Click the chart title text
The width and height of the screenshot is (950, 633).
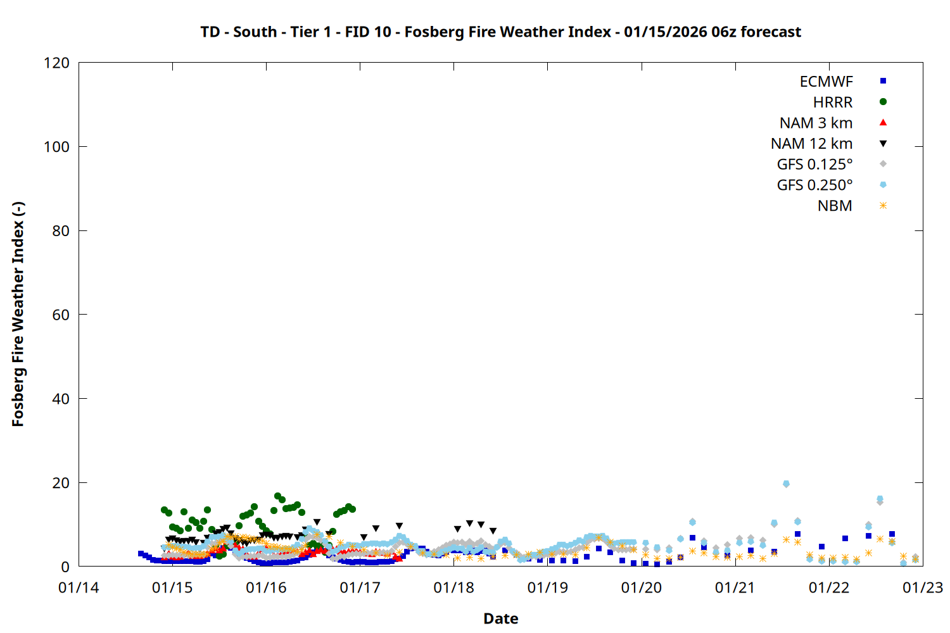(500, 32)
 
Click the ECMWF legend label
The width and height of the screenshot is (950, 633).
(826, 82)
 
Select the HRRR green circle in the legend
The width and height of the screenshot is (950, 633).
(883, 102)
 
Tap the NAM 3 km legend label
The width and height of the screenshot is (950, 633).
(816, 123)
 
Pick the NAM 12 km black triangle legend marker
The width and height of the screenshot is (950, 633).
(883, 144)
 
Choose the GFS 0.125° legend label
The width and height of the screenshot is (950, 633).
(814, 165)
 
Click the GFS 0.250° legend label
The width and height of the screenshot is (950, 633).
(814, 185)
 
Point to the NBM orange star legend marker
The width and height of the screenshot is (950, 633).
(883, 206)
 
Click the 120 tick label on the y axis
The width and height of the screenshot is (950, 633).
(57, 63)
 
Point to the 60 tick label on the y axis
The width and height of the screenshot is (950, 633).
(61, 315)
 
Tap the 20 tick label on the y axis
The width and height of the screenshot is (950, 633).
(61, 483)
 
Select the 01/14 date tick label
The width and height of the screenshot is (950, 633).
(79, 588)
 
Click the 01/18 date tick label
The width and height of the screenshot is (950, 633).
(453, 588)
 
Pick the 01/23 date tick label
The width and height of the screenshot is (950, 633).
(922, 588)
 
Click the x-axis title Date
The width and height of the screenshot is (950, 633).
(500, 618)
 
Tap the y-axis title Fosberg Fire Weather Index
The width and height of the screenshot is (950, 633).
(18, 315)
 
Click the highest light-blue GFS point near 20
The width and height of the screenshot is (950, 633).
(786, 484)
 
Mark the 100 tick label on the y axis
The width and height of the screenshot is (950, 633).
(57, 147)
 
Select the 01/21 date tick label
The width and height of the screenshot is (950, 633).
(735, 588)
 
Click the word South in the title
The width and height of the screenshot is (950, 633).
(255, 32)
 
